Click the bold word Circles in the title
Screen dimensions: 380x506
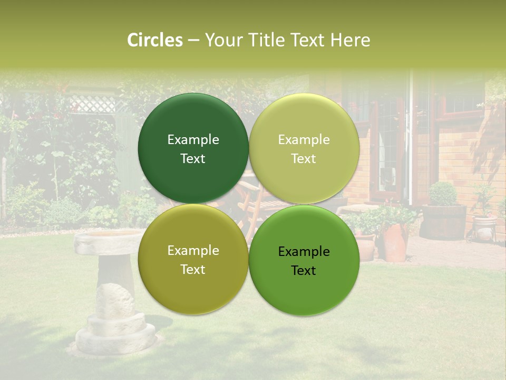coord(155,40)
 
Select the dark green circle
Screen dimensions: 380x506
coord(193,148)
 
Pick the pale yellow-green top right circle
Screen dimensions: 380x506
coord(304,148)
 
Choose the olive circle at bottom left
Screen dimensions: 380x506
coord(193,259)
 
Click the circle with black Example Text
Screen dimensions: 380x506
coord(304,260)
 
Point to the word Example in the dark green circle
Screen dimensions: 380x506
coord(193,139)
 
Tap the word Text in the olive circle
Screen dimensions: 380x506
coord(193,269)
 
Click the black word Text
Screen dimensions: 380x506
coord(304,270)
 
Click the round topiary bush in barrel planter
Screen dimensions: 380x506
coord(443,194)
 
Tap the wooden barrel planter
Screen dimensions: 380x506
coord(443,222)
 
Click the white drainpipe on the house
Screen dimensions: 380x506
coord(411,142)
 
